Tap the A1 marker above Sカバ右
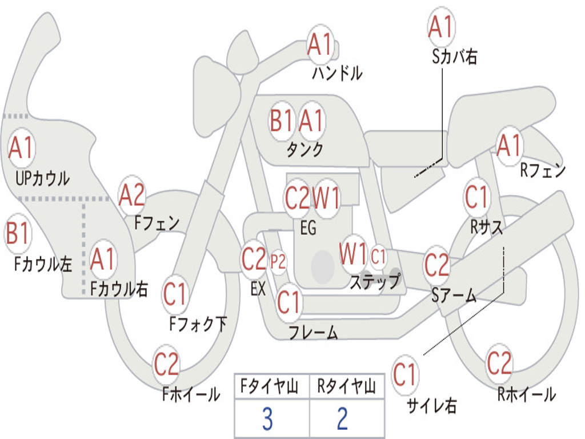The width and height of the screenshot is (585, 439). (x=441, y=26)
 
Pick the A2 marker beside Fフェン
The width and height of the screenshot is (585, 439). (x=132, y=195)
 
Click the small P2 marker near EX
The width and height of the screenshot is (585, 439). (x=278, y=262)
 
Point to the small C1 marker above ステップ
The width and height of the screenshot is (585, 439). (x=378, y=257)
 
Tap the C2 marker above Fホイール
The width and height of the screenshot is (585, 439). (x=166, y=364)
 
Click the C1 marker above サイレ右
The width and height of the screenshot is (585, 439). (x=404, y=374)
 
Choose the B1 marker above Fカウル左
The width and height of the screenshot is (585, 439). (x=18, y=233)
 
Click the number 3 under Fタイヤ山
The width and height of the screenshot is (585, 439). (x=268, y=418)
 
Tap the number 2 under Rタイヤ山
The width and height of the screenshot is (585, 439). (x=343, y=418)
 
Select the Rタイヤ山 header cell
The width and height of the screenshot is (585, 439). (x=347, y=386)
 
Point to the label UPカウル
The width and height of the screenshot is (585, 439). (x=42, y=178)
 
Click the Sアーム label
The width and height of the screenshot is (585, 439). (x=454, y=296)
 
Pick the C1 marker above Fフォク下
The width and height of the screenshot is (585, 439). (x=175, y=294)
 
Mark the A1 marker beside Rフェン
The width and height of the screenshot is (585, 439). (x=510, y=146)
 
